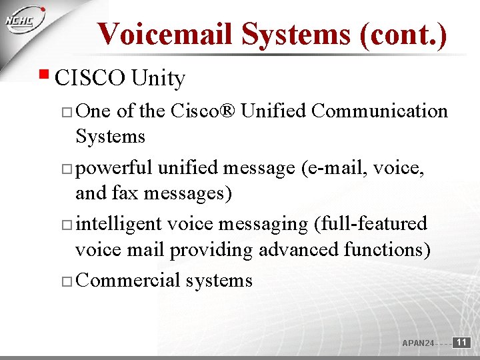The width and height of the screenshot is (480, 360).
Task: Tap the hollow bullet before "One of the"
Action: click(x=67, y=112)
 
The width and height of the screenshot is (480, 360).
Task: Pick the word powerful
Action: click(x=114, y=168)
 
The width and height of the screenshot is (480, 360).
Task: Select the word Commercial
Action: click(x=128, y=280)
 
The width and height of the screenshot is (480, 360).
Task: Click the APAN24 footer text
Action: click(x=418, y=343)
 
